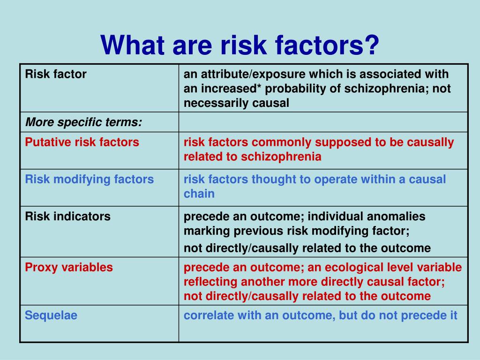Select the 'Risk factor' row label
(56, 74)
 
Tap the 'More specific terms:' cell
(83, 122)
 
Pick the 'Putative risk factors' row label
(82, 142)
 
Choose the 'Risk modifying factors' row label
(90, 180)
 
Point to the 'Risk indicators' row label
(67, 217)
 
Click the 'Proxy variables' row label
(69, 267)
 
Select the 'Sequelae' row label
(51, 315)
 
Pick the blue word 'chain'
(199, 194)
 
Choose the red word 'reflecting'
(210, 282)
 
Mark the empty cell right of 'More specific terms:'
(323, 122)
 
